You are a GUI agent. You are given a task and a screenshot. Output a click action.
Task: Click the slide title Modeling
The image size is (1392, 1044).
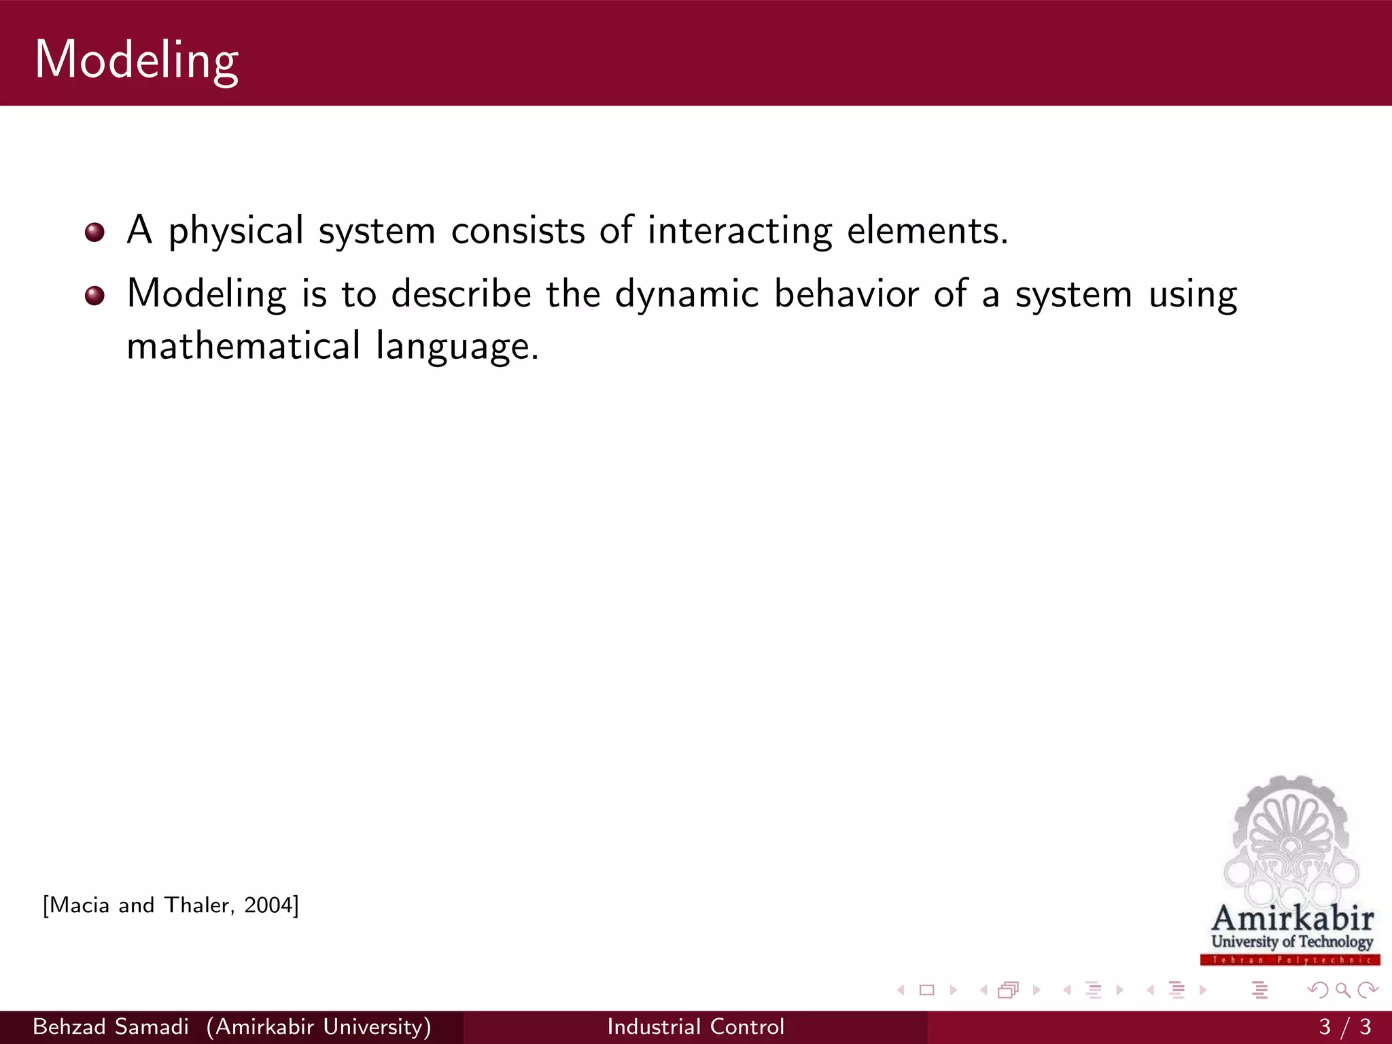tap(136, 60)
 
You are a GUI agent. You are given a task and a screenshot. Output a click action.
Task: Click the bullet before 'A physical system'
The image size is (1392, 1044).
tap(94, 232)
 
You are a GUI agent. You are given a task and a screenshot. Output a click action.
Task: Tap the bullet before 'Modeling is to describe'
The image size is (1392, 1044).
tap(94, 296)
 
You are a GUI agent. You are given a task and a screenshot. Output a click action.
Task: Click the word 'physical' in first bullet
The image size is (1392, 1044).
tap(235, 231)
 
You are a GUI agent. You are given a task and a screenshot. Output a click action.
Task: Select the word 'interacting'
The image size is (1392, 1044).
tap(739, 231)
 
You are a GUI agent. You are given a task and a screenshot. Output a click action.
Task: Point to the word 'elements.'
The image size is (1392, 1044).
tap(927, 231)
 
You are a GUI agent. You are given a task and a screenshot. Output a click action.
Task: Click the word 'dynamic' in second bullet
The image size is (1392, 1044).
tap(686, 294)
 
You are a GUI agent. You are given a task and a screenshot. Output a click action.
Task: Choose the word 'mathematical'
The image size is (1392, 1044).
tap(243, 346)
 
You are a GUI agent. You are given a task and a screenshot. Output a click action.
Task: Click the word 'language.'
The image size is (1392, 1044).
tap(457, 347)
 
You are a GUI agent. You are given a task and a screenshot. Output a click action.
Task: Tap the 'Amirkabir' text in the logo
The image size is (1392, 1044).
tap(1292, 918)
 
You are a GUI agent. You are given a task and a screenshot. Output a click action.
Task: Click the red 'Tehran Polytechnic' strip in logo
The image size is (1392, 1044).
tap(1289, 960)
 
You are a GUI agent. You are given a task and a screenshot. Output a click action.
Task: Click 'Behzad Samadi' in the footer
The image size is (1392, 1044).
tap(111, 1026)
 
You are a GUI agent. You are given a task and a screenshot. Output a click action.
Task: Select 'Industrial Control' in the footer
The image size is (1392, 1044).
tap(695, 1026)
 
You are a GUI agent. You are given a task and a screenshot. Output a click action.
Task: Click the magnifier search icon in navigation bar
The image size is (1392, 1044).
tap(1342, 990)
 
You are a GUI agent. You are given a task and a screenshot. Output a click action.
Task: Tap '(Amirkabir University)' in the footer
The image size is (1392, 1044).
tap(319, 1026)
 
